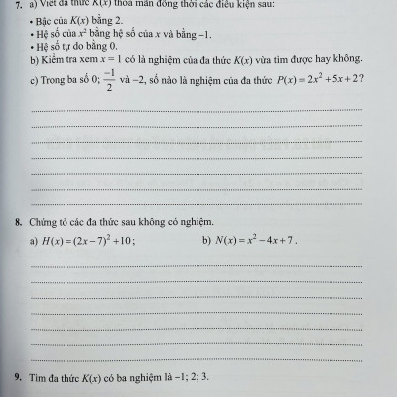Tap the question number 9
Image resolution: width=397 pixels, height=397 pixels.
point(19,378)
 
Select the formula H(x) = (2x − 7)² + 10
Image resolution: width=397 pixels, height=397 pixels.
point(88,239)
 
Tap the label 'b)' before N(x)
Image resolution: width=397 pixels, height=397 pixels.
point(206,240)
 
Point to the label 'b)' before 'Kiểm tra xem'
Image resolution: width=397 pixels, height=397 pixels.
point(35,62)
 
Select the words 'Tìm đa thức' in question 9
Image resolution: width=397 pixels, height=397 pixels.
point(61,378)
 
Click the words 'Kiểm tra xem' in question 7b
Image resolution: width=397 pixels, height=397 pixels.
point(68,62)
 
